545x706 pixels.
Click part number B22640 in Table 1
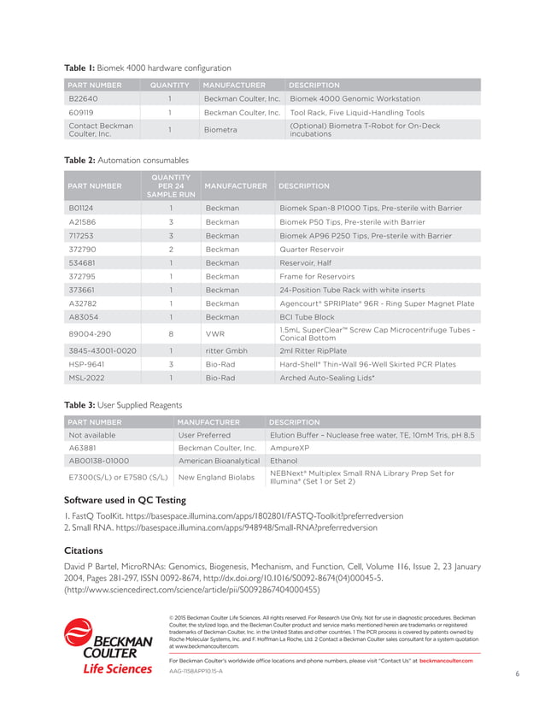(x=83, y=98)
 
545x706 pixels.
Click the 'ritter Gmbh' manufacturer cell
(x=226, y=350)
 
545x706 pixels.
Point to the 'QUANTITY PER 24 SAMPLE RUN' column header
(x=171, y=185)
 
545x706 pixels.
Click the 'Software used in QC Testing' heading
(x=137, y=501)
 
